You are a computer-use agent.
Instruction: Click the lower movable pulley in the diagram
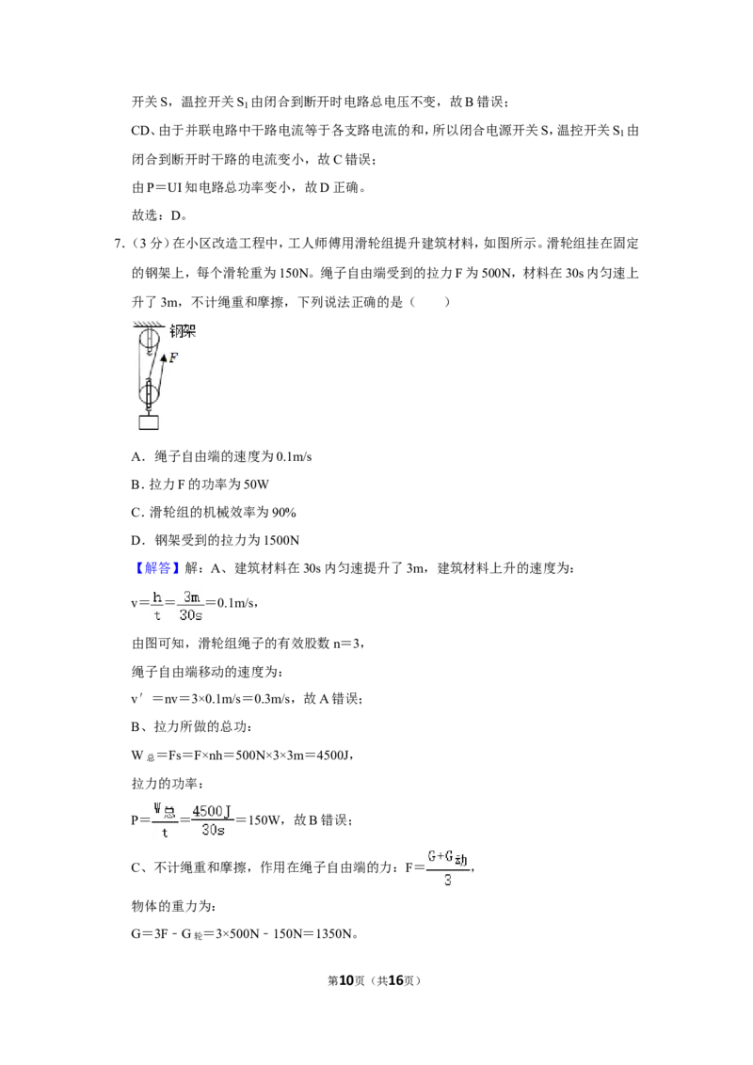(148, 394)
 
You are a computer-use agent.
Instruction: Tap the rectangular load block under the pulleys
(148, 421)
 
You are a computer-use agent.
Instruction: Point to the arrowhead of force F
(163, 356)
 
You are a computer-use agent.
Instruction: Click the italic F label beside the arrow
(173, 358)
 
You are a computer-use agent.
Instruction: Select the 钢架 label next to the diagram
(183, 331)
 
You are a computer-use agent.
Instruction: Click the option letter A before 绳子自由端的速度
(136, 456)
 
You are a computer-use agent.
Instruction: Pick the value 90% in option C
(283, 512)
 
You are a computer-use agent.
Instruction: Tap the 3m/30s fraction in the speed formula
(191, 606)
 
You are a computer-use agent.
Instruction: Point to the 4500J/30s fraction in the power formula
(212, 819)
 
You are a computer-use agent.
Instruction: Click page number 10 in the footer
(346, 980)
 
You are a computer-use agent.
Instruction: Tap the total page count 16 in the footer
(395, 980)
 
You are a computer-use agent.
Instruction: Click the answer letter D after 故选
(175, 216)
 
